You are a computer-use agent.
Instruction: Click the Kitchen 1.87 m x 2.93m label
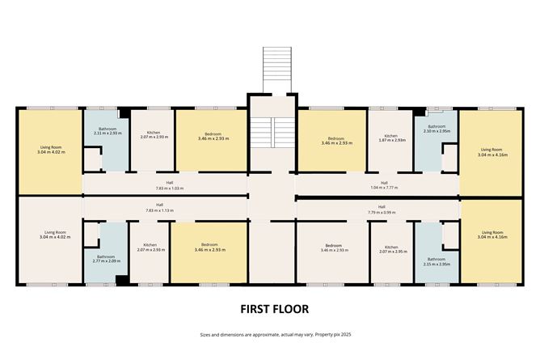pos(390,138)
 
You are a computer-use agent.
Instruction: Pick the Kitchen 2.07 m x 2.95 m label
pos(391,249)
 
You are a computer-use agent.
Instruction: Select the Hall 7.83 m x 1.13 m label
pos(159,208)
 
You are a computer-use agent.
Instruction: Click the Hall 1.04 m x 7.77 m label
pos(384,185)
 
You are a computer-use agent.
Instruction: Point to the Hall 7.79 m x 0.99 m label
pos(381,209)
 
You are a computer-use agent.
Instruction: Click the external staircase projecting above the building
pos(275,70)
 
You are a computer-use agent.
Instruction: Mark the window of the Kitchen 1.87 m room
pos(390,108)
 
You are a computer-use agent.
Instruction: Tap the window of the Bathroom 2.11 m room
pos(106,108)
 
